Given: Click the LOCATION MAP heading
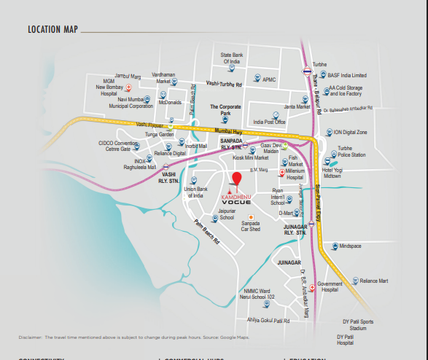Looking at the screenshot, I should point(53,30).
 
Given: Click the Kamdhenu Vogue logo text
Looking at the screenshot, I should point(236,199).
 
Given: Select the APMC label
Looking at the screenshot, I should point(270,79).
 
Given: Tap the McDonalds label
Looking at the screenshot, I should point(170,103).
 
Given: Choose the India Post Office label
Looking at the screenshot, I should point(268,122).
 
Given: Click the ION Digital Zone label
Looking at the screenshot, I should point(350,132).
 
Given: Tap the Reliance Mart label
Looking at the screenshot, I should point(374,281).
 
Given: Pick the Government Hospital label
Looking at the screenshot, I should point(330,286).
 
